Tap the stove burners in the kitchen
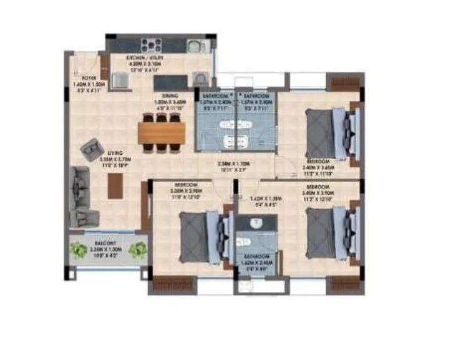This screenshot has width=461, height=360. click(x=152, y=45)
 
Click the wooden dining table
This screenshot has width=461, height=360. click(x=162, y=132)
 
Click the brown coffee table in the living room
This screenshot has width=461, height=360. click(x=115, y=185)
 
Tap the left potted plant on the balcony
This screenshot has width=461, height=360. click(x=78, y=251)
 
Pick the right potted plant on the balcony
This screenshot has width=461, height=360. click(x=137, y=251)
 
